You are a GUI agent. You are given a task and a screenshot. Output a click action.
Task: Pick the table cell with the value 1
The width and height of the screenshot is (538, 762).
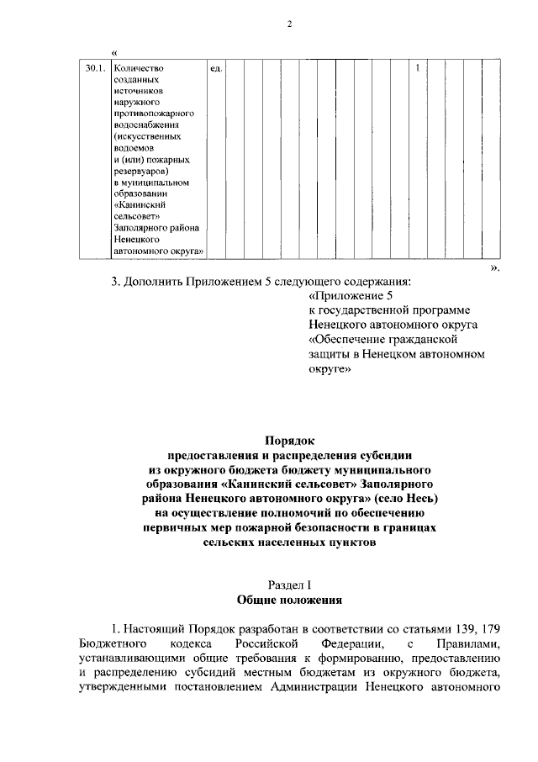[x=418, y=68]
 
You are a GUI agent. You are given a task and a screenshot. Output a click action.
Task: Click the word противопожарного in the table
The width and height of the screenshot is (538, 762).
[x=154, y=112]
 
